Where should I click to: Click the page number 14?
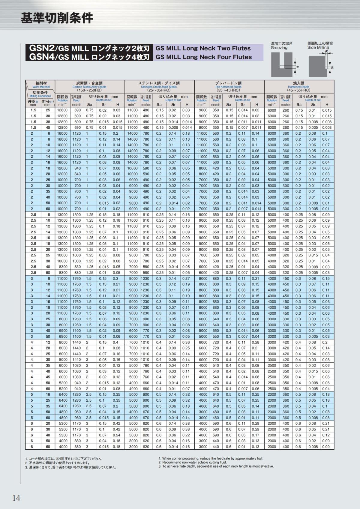tap(16, 498)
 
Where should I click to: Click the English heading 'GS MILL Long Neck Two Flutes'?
tap(203, 48)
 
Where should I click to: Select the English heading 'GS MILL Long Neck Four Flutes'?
tap(204, 57)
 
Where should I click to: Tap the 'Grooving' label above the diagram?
tap(279, 48)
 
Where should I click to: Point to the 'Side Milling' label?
tap(318, 48)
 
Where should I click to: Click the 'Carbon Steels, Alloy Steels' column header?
tap(90, 87)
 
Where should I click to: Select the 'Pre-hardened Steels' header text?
tap(229, 87)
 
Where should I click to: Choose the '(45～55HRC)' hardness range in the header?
tap(298, 90)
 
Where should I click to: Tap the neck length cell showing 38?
tap(47, 122)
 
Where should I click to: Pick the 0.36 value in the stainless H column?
tap(186, 342)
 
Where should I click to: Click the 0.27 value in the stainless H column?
tap(186, 278)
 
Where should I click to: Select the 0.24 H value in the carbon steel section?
tap(116, 435)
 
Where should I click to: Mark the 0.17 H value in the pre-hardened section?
tap(256, 435)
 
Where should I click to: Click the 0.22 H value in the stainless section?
tap(186, 435)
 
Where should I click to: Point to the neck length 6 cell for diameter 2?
tap(47, 133)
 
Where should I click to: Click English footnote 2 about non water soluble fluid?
tap(192, 462)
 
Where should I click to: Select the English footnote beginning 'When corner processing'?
tap(211, 458)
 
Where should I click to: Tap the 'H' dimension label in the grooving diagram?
tap(298, 67)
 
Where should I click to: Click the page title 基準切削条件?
tap(57, 18)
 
